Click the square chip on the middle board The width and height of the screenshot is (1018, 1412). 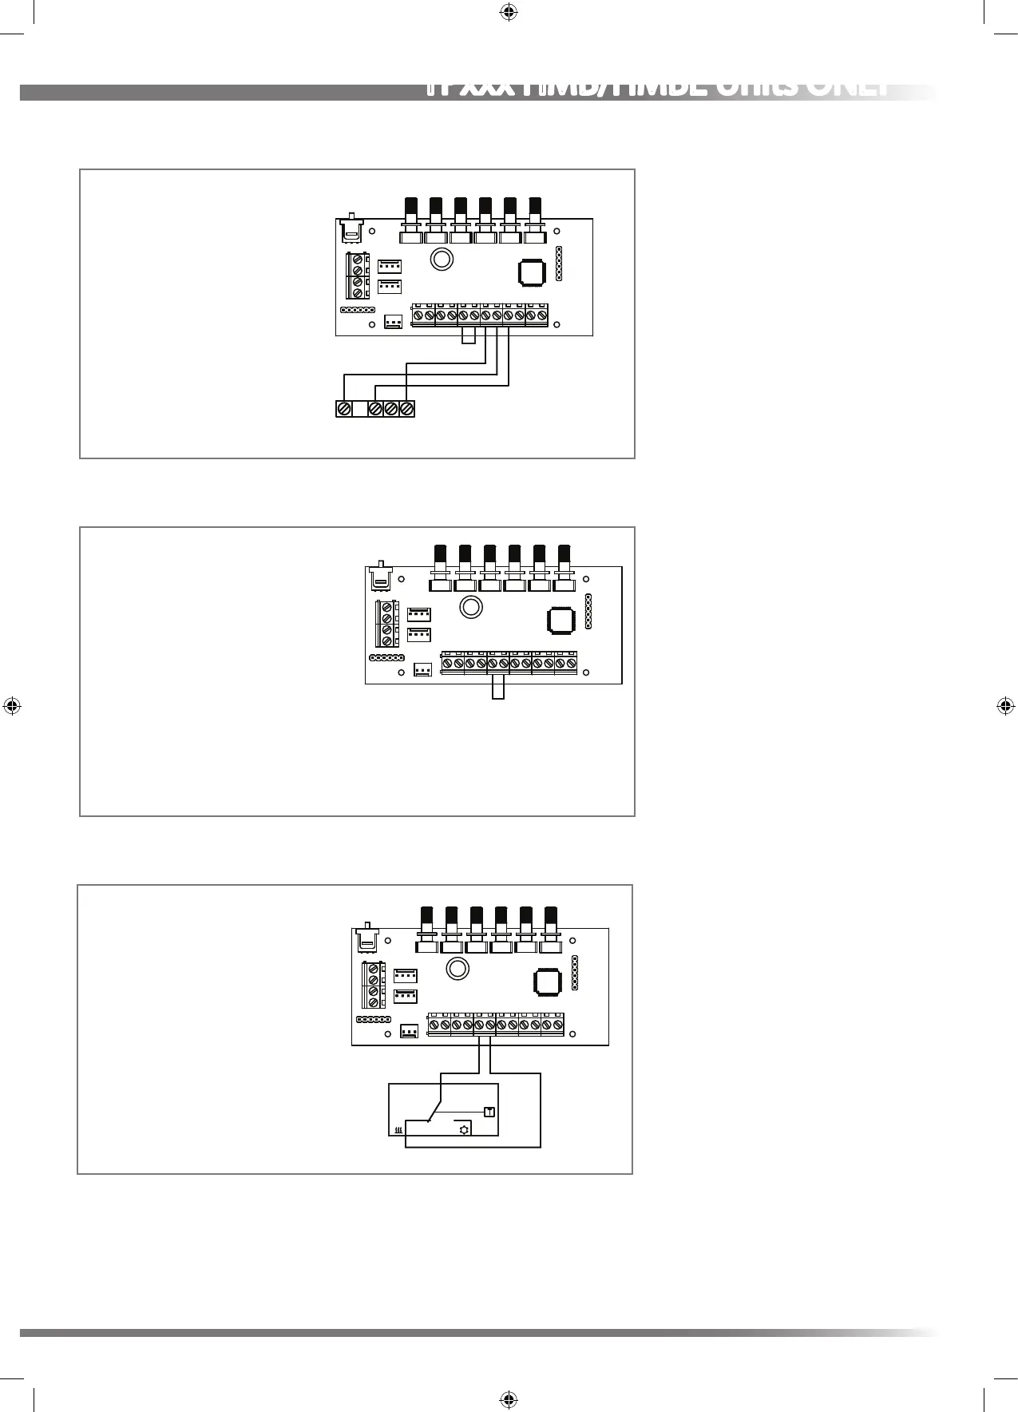tap(560, 621)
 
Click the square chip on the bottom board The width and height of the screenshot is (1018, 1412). tap(548, 982)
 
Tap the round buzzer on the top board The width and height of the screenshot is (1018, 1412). tap(441, 260)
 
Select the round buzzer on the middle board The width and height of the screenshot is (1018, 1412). tap(471, 608)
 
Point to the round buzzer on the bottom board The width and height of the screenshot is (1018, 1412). tap(458, 969)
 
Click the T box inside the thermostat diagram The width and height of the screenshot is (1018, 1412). tap(489, 1112)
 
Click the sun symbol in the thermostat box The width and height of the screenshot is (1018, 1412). tap(462, 1129)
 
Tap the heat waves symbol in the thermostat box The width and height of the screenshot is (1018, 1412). tap(398, 1131)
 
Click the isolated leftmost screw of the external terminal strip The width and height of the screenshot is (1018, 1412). tap(344, 409)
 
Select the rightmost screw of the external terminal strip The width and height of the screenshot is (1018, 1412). tap(406, 409)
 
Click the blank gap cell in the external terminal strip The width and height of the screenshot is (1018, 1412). tap(359, 409)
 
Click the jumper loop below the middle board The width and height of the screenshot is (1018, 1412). tap(498, 688)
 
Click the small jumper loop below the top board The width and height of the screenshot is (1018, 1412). tap(469, 337)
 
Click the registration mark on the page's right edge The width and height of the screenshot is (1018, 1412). tap(1005, 706)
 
